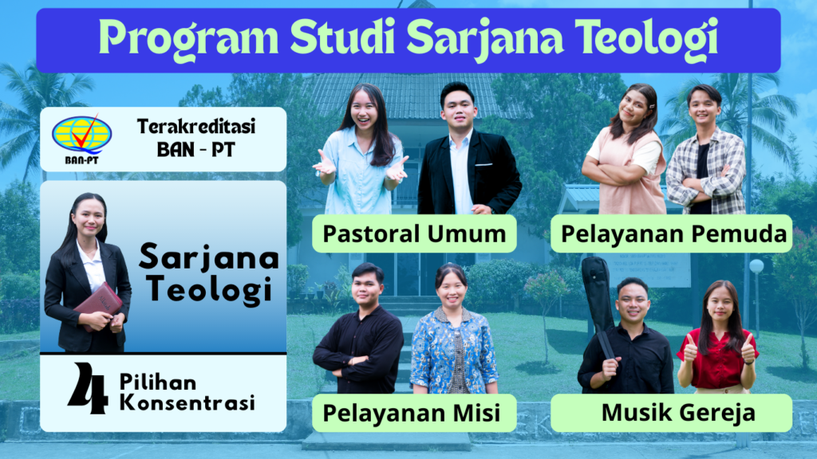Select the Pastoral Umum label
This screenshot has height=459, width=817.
point(414,233)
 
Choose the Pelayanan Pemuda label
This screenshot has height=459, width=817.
point(672,233)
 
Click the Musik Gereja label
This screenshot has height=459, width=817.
point(672,413)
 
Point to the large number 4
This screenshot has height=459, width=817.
point(89,388)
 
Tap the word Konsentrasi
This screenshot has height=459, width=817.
point(187,402)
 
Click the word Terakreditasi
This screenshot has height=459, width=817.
point(196,127)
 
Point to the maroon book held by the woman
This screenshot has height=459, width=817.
point(99,305)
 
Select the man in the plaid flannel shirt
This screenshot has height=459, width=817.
point(706,150)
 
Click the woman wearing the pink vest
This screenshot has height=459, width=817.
point(625,151)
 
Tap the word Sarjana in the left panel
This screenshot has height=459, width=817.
point(209,257)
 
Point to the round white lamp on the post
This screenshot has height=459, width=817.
point(756,266)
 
